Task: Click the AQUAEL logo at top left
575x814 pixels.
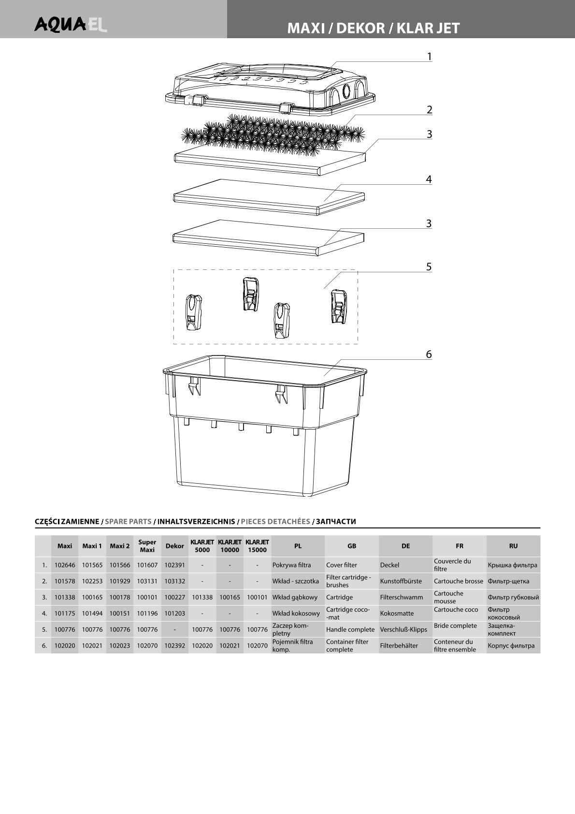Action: [x=71, y=24]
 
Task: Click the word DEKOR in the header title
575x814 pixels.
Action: [x=360, y=28]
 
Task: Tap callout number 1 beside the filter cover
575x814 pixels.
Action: [x=429, y=57]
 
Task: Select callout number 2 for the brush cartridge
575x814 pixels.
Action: [x=429, y=110]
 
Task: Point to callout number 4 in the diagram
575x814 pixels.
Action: [x=429, y=179]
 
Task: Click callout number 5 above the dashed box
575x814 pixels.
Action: [x=429, y=267]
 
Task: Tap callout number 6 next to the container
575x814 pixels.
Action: [x=429, y=355]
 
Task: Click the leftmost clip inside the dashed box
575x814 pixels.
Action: [x=193, y=312]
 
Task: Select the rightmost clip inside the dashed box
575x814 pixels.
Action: [x=338, y=307]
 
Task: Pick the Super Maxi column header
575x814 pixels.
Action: [x=147, y=546]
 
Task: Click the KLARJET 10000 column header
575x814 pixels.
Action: [x=230, y=546]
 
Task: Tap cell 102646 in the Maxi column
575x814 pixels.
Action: [x=65, y=565]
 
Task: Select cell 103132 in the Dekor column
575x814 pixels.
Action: [x=174, y=581]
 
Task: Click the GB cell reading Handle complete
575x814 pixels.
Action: [x=350, y=630]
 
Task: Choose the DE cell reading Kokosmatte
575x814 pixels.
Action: [x=397, y=613]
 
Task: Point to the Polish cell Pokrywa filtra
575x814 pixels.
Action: [x=291, y=565]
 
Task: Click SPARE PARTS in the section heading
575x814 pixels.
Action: [x=128, y=521]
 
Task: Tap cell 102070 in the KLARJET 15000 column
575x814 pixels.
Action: [x=257, y=646]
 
